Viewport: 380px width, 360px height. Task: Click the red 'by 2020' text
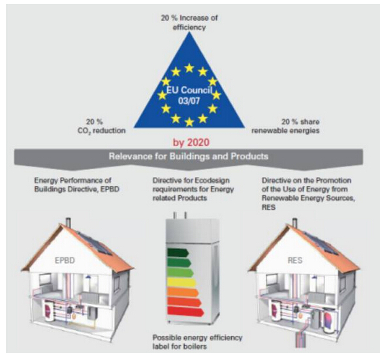(191, 142)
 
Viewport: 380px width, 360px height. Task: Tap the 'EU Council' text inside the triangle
(189, 90)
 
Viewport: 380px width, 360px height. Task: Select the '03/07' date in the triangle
(189, 101)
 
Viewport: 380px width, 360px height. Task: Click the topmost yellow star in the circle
(189, 68)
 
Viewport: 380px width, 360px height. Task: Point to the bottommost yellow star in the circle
(189, 122)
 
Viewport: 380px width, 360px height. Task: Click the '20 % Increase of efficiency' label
(189, 23)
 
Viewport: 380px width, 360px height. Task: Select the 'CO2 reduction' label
(101, 131)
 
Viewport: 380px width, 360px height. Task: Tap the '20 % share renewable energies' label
(285, 126)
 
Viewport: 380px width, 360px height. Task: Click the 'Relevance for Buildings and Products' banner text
(189, 156)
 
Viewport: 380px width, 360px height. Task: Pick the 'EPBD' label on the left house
(65, 260)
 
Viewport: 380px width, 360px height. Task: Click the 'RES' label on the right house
(295, 260)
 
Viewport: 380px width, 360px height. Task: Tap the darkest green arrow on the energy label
(178, 253)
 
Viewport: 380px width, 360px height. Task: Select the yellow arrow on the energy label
(182, 282)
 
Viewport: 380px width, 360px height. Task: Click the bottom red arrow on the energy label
(185, 312)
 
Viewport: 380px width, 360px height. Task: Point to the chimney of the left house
(69, 223)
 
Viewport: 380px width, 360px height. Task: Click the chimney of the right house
(294, 223)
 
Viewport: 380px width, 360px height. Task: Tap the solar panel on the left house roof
(95, 243)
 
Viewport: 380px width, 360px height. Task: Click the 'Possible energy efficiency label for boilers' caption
(197, 342)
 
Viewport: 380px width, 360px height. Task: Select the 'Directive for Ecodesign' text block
(193, 189)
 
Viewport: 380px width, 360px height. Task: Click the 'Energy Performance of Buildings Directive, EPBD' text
(77, 185)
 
